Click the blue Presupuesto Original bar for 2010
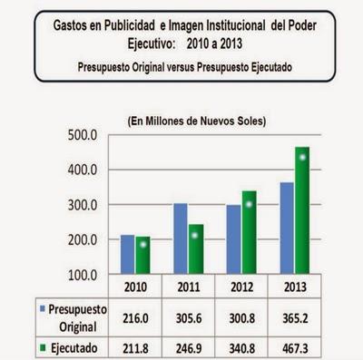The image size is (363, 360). pyautogui.click(x=128, y=254)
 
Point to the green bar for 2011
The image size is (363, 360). pyautogui.click(x=195, y=249)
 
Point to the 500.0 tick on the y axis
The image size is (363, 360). pyautogui.click(x=83, y=135)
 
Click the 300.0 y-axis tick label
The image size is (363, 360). pyautogui.click(x=83, y=205)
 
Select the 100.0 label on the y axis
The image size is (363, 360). pyautogui.click(x=83, y=274)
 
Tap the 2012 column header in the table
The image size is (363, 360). pyautogui.click(x=240, y=287)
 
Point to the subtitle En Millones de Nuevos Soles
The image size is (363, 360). pyautogui.click(x=195, y=120)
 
